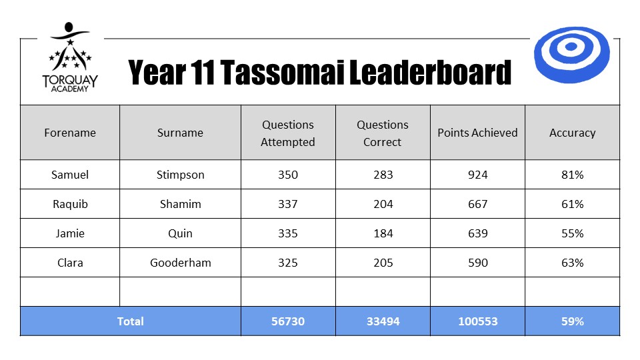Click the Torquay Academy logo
(x=70, y=57)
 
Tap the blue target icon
(x=571, y=55)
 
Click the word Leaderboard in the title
(x=430, y=72)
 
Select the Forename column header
(x=70, y=133)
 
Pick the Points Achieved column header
(x=477, y=133)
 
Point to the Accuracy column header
(x=572, y=133)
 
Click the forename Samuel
(x=70, y=175)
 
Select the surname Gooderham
(x=181, y=263)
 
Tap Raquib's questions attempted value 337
(x=288, y=204)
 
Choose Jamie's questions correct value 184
(x=383, y=233)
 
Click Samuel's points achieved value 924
(x=477, y=175)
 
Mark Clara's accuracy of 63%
(x=572, y=263)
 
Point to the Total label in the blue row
(x=130, y=321)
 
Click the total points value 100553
(x=477, y=321)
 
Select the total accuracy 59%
(x=572, y=321)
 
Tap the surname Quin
(x=181, y=233)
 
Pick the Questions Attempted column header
(x=288, y=133)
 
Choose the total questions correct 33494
(x=383, y=321)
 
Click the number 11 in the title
(x=202, y=72)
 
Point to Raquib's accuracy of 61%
(x=572, y=204)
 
